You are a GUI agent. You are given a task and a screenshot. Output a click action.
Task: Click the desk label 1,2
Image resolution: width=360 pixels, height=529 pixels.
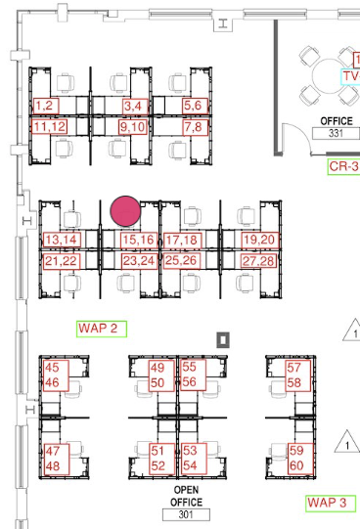click(46, 106)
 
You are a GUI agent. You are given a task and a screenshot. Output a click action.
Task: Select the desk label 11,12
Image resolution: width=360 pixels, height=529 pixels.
click(50, 127)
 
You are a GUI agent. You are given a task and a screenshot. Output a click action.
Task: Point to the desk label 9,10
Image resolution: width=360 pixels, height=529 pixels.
click(133, 127)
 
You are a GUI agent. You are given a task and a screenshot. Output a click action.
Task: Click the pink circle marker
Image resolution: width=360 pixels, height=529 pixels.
click(125, 210)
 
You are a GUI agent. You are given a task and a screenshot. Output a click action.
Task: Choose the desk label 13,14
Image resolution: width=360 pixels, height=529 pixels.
click(62, 240)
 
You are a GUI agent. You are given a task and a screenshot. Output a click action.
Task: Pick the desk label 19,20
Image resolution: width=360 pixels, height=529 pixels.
click(260, 240)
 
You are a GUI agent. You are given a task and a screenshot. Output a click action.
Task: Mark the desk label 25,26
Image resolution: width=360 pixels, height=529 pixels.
click(182, 261)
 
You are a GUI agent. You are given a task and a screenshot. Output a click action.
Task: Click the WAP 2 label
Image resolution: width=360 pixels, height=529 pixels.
click(102, 329)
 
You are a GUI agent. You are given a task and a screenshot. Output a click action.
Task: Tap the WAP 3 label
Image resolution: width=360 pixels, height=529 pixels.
click(331, 504)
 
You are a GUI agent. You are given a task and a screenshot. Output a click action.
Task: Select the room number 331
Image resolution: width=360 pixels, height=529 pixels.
click(337, 133)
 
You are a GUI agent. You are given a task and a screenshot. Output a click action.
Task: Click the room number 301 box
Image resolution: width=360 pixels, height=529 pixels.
click(186, 514)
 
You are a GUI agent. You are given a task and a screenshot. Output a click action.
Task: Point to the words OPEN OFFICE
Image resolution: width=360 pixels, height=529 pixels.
click(186, 496)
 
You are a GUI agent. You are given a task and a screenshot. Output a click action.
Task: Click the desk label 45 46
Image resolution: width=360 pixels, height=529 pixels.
click(56, 375)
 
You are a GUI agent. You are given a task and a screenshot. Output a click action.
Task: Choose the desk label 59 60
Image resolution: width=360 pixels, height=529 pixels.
click(300, 459)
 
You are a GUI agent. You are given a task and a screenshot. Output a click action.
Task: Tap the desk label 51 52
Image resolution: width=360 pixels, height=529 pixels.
click(161, 459)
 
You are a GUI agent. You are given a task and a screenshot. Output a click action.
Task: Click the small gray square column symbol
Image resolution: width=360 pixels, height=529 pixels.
click(223, 340)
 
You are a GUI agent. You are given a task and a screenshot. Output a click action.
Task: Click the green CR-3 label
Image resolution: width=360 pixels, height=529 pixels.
click(343, 166)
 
